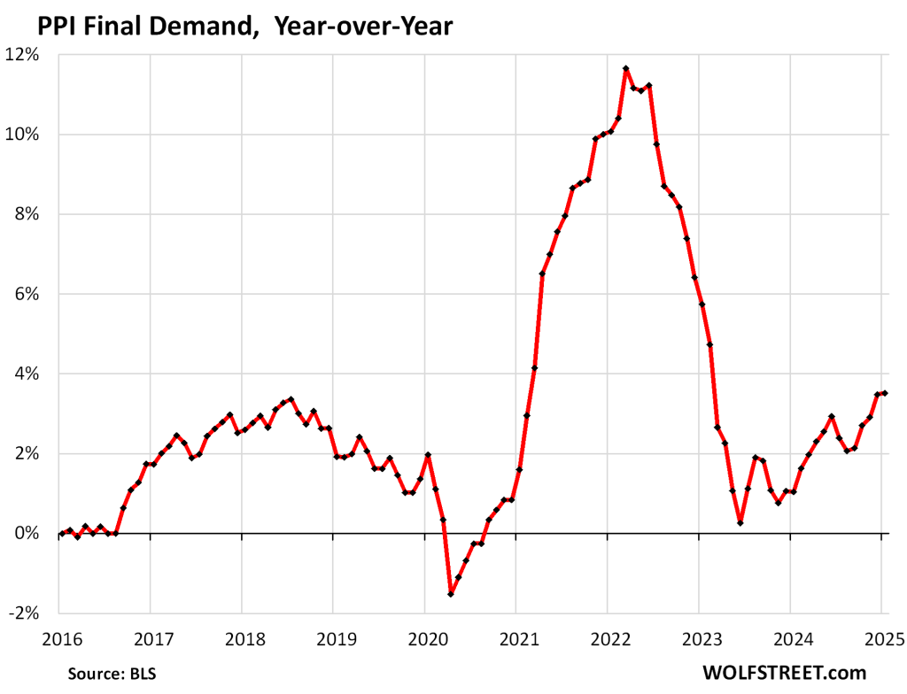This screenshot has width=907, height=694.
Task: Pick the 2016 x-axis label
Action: [x=58, y=640]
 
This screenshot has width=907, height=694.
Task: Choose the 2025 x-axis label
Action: [x=881, y=640]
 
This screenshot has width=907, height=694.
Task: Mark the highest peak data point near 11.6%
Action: [x=626, y=68]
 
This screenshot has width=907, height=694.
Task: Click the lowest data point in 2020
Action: [x=451, y=594]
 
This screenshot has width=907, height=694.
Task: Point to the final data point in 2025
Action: [x=885, y=393]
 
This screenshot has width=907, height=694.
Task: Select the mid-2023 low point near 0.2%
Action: [x=740, y=523]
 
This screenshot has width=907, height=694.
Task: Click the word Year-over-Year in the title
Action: [x=363, y=27]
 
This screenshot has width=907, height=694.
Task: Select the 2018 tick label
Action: [x=241, y=640]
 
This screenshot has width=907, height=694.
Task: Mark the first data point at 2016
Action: [x=60, y=533]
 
